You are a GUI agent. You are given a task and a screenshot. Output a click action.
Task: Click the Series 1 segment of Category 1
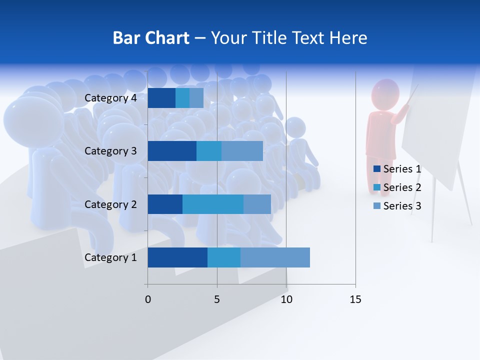click(177, 257)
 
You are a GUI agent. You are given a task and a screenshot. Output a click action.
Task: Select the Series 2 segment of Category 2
click(213, 204)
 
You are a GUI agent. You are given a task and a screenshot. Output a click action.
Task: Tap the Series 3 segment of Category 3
click(242, 151)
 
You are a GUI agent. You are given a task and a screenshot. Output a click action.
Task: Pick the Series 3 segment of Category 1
click(275, 257)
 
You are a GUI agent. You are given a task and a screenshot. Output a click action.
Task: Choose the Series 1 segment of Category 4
click(161, 98)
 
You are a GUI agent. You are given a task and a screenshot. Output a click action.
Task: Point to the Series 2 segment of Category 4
click(182, 98)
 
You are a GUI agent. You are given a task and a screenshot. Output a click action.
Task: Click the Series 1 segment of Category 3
click(172, 151)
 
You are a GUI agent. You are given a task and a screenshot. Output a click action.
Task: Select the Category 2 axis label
click(110, 204)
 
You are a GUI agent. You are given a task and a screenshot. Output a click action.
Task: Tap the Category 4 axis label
click(110, 98)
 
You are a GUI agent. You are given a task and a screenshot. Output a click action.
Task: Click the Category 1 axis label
click(110, 257)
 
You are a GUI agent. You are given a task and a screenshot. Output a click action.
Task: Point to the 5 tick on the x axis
click(217, 299)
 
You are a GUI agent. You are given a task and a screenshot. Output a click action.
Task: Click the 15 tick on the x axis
click(355, 299)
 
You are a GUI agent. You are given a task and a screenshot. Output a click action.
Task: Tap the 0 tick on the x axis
click(148, 299)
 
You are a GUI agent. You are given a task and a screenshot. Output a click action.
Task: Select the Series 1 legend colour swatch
click(376, 169)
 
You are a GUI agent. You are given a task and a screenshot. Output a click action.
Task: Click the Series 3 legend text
click(402, 205)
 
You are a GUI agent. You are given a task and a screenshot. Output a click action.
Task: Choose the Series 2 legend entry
click(397, 187)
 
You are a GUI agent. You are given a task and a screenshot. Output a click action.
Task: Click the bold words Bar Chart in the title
click(151, 38)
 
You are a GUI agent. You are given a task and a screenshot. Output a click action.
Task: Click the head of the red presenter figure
click(385, 94)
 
